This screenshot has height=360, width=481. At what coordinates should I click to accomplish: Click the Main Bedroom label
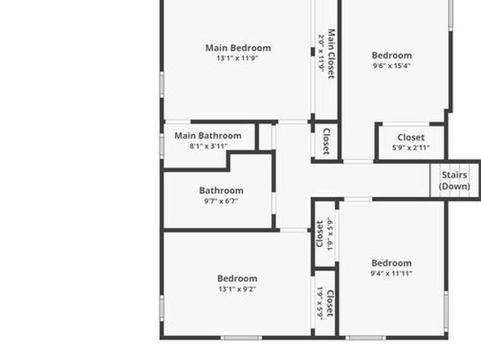click(x=238, y=48)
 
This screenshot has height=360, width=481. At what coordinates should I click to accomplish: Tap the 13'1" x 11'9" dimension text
click(x=237, y=58)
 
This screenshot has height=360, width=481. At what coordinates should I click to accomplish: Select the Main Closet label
click(x=332, y=54)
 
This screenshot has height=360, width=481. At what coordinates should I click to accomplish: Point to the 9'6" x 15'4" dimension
click(x=391, y=65)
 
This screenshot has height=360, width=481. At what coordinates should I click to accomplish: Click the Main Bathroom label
click(x=208, y=136)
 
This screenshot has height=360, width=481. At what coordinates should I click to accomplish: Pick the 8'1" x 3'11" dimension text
click(x=208, y=146)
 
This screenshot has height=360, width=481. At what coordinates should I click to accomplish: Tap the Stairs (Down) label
click(x=454, y=181)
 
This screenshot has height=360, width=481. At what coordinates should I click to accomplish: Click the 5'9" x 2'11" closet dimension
click(x=411, y=148)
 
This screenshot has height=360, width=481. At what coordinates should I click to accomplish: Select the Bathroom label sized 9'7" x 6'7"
click(x=221, y=190)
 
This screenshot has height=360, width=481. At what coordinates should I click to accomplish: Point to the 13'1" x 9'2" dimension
click(x=237, y=289)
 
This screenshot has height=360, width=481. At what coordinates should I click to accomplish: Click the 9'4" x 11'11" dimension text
click(x=391, y=274)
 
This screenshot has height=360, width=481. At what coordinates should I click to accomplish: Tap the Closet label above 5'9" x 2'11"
click(x=411, y=137)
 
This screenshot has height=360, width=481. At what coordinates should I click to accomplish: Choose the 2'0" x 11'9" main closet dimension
click(x=321, y=54)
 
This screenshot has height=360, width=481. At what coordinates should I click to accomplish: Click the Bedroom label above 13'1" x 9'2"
click(x=237, y=278)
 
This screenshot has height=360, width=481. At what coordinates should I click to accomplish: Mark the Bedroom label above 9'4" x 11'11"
click(x=391, y=263)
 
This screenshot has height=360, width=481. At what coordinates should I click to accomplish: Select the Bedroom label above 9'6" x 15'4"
click(x=391, y=55)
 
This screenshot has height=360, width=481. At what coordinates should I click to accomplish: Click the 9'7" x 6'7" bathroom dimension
click(x=221, y=201)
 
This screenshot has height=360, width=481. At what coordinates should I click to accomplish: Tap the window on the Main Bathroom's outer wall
click(x=161, y=146)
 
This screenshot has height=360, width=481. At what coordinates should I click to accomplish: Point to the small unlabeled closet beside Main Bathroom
click(x=266, y=137)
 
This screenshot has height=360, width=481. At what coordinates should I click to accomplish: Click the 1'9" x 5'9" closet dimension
click(x=320, y=303)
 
